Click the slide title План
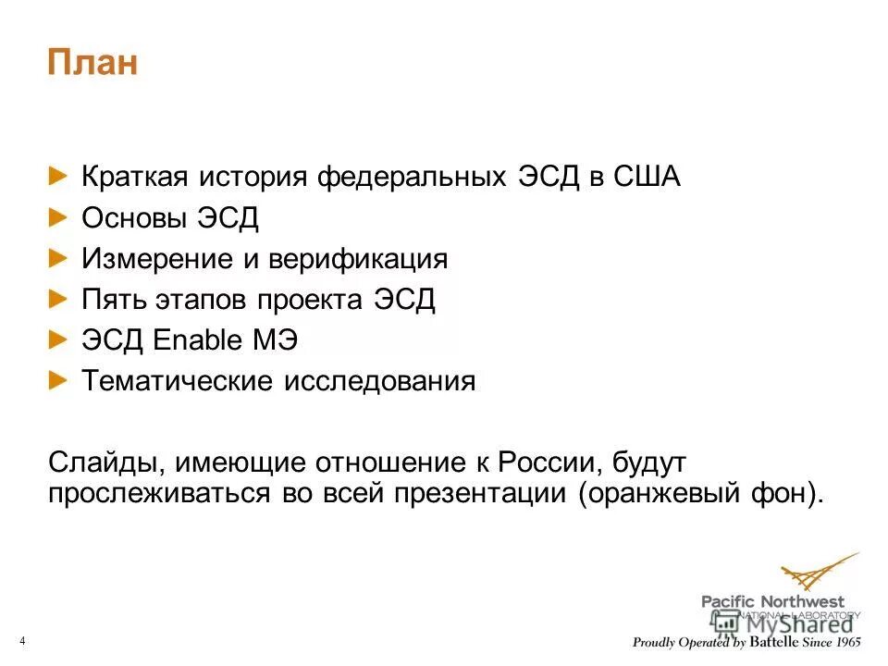tap(92, 65)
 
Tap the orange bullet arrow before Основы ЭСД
tap(58, 216)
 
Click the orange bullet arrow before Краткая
tap(58, 176)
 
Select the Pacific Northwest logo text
tap(773, 602)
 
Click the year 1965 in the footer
tap(841, 643)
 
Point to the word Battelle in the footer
tap(776, 643)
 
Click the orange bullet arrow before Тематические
tap(58, 380)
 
